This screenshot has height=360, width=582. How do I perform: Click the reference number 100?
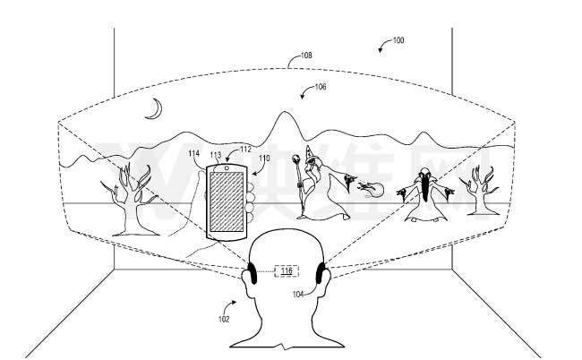(x=398, y=40)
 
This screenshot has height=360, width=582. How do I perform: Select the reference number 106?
(x=320, y=87)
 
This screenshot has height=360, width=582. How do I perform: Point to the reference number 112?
(x=245, y=150)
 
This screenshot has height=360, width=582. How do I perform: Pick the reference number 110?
(x=263, y=159)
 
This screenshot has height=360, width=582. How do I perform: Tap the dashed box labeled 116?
(x=287, y=270)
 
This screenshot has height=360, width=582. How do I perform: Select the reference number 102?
(x=223, y=318)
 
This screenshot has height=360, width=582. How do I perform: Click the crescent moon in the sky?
(x=155, y=109)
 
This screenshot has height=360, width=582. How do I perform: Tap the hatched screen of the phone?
(x=227, y=201)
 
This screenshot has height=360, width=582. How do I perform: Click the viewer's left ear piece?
(x=252, y=272)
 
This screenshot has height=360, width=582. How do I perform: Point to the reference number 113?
(x=215, y=155)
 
